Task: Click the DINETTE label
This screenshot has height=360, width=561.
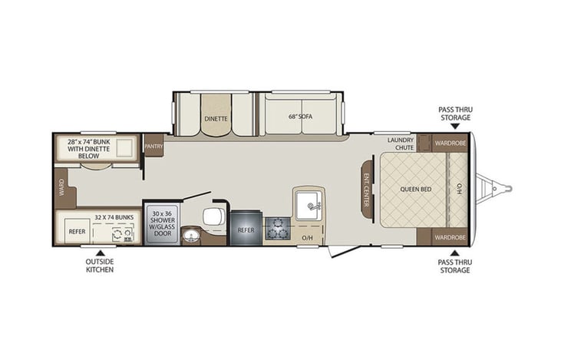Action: pos(215,119)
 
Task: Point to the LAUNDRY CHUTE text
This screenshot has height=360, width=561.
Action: pos(400,143)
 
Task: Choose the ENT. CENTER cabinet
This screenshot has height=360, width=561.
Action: pos(367,188)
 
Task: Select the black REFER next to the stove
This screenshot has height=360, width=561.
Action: pos(246,229)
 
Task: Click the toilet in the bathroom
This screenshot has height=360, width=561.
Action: pos(215,216)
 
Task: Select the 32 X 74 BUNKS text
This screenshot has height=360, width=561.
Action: pos(111,218)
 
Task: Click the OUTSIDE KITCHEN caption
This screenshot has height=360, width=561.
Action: pos(99,266)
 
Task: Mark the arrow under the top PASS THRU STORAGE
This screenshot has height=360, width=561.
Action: pos(455,126)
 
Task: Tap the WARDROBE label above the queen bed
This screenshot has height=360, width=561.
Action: pos(449,143)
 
